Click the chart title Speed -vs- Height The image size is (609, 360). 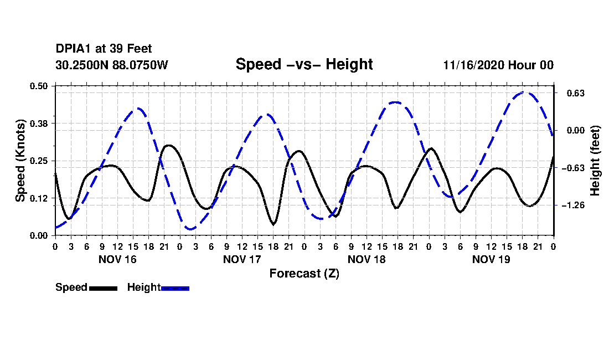pyautogui.click(x=304, y=64)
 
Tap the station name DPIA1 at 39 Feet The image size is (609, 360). pyautogui.click(x=104, y=49)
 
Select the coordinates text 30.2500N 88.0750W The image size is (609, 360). pyautogui.click(x=112, y=65)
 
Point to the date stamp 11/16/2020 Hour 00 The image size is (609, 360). pyautogui.click(x=498, y=65)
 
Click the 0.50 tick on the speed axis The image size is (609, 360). pyautogui.click(x=39, y=86)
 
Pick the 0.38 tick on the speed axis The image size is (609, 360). pyautogui.click(x=39, y=124)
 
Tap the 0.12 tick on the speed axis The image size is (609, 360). pyautogui.click(x=39, y=198)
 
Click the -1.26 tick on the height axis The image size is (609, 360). pyautogui.click(x=574, y=205)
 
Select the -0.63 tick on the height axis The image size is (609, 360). pyautogui.click(x=574, y=168)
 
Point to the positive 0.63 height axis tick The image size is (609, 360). pyautogui.click(x=576, y=93)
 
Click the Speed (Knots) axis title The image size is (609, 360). pyautogui.click(x=20, y=161)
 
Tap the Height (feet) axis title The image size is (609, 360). pyautogui.click(x=595, y=161)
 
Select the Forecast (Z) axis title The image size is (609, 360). pyautogui.click(x=304, y=274)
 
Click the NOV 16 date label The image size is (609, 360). pyautogui.click(x=118, y=259)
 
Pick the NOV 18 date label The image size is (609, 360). pyautogui.click(x=367, y=259)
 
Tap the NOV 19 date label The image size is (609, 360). pyautogui.click(x=491, y=259)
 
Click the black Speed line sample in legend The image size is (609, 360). pyautogui.click(x=104, y=288)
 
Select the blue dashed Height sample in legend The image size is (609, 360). pyautogui.click(x=175, y=288)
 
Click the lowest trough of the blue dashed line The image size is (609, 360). pyautogui.click(x=190, y=229)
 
